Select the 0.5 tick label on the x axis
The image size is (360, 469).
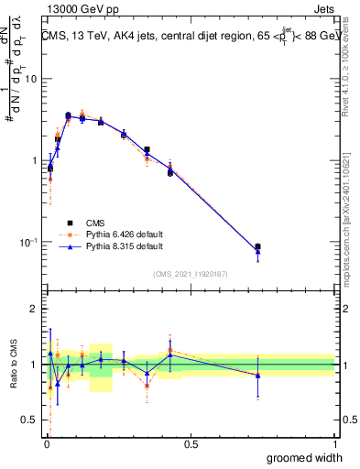pos(191,444)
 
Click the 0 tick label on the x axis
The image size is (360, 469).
pos(46,444)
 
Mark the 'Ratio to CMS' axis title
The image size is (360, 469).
pos(12,365)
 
